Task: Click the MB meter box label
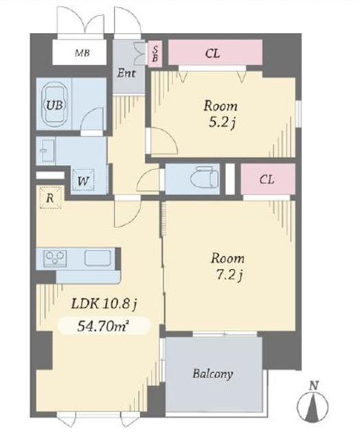coord(82,53)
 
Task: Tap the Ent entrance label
coord(126,74)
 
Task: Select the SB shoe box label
coord(155,54)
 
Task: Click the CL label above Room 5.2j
coord(212,54)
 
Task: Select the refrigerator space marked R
coord(50,198)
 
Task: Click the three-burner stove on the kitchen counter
coord(55,258)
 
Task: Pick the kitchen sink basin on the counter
coord(98,258)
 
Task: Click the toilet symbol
coord(204,177)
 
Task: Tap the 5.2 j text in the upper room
coord(221,122)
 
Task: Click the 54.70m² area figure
coord(102,326)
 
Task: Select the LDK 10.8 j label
coord(104,304)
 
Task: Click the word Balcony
coord(213,374)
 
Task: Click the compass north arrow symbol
coord(313,406)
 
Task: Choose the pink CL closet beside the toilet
coord(268,179)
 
